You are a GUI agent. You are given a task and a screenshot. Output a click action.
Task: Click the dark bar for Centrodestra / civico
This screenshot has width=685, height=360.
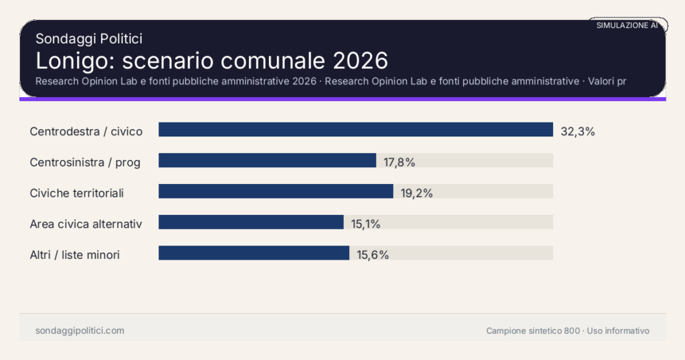point(355,130)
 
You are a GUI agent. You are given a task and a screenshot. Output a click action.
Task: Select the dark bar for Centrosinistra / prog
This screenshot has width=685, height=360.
point(267,161)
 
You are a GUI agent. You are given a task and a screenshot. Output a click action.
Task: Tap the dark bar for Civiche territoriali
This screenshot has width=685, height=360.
point(276,191)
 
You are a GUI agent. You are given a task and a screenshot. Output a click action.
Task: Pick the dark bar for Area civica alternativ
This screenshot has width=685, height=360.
point(251,222)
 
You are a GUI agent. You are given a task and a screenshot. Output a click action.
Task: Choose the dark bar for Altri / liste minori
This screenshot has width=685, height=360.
point(254,253)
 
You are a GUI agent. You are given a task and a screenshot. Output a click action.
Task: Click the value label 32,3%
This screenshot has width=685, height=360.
point(577,131)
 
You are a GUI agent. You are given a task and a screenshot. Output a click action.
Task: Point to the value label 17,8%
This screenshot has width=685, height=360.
point(399,162)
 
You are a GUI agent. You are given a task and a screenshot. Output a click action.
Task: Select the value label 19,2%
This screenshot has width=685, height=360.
point(417,193)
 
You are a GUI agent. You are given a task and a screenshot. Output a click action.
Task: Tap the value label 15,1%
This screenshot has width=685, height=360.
point(365,224)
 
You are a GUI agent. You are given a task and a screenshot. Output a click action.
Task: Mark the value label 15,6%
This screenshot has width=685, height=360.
point(373,255)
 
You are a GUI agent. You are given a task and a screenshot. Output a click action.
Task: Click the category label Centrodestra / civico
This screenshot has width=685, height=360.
point(86,131)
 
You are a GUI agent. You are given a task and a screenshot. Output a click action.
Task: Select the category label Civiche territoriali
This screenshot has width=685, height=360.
point(77,193)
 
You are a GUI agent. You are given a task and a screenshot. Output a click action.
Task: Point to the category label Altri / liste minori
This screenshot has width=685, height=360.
point(75,255)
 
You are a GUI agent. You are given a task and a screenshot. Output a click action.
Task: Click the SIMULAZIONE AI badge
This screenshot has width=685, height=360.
point(627,25)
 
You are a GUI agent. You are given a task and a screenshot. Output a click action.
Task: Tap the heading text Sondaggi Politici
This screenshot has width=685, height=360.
point(89,39)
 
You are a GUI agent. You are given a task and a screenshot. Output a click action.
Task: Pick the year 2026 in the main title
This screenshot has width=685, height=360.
point(360,60)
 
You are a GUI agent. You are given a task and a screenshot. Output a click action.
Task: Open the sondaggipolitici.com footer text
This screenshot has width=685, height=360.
point(80,331)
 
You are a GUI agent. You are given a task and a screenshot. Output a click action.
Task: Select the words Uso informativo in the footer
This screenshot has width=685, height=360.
point(618,331)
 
